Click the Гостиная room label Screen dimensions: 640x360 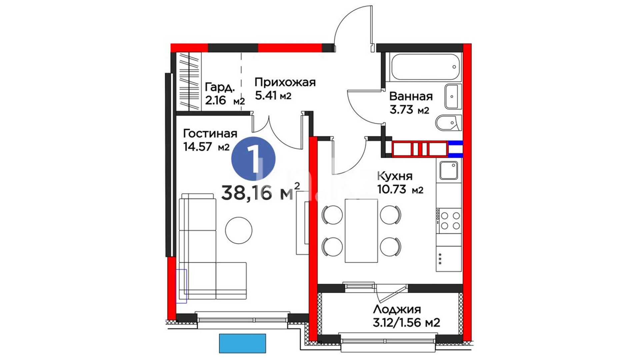click(x=210, y=134)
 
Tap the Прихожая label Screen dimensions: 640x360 click(x=285, y=82)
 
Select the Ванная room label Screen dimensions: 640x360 click(x=411, y=96)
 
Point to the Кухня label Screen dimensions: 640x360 click(x=395, y=176)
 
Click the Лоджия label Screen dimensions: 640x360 click(x=397, y=309)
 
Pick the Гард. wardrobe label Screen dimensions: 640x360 click(x=220, y=87)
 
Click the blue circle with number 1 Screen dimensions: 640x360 click(x=253, y=159)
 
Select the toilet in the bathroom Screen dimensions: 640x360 click(x=449, y=123)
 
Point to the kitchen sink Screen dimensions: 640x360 click(x=449, y=171)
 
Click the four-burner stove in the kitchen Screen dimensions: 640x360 click(x=449, y=221)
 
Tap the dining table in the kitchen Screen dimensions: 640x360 click(x=361, y=231)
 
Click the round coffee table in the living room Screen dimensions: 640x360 click(x=239, y=230)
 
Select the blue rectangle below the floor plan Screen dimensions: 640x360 click(x=242, y=343)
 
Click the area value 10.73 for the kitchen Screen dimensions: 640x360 click(x=392, y=190)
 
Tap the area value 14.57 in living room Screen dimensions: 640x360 click(x=198, y=147)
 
